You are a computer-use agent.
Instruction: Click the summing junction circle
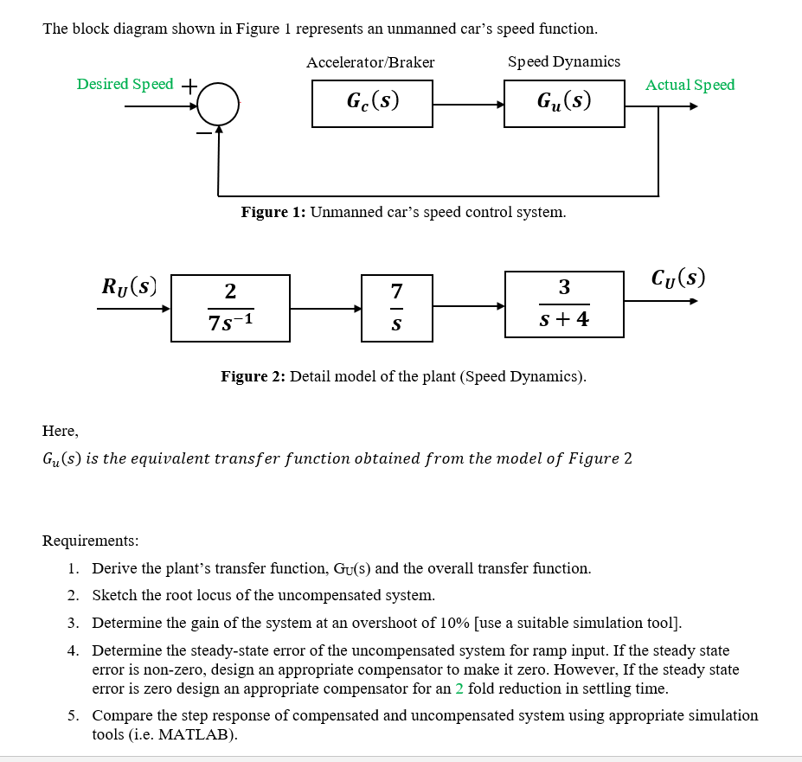click(218, 106)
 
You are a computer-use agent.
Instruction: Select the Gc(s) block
click(372, 104)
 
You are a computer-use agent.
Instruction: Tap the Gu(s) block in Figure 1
click(564, 104)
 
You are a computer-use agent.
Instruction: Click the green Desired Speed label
click(125, 84)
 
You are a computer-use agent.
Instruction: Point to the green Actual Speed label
click(690, 85)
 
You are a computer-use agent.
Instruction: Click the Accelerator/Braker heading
click(370, 62)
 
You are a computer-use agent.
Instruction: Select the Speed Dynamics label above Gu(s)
click(563, 61)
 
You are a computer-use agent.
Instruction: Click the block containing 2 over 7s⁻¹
click(230, 306)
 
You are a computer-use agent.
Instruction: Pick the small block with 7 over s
click(396, 306)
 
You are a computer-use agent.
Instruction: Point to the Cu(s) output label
click(677, 278)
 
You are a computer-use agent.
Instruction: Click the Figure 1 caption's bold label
click(273, 213)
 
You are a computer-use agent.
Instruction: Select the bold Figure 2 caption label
click(253, 376)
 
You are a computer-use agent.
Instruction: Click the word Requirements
click(90, 541)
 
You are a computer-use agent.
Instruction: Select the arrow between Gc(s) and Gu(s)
click(468, 105)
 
